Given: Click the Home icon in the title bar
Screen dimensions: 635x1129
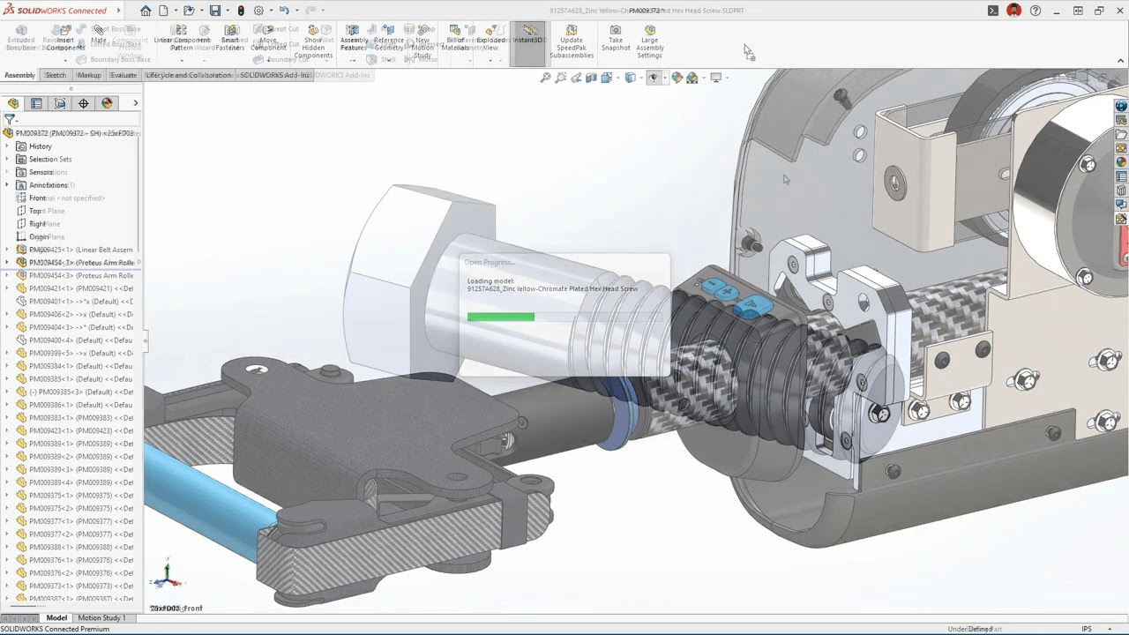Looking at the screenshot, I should tap(146, 11).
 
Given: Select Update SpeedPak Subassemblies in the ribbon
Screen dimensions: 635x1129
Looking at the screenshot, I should tap(572, 42).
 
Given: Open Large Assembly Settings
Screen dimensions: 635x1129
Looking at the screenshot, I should tap(649, 42).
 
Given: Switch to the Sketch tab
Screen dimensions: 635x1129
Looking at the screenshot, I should tap(56, 75).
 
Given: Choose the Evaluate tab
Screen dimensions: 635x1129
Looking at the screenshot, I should tap(123, 75).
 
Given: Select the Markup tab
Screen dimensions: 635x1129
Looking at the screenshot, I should tap(88, 75).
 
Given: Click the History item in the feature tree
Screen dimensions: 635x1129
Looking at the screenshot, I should tap(40, 146).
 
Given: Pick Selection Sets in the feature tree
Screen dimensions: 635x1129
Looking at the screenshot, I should tap(50, 160).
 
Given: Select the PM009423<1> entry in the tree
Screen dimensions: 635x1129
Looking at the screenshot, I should tap(79, 431).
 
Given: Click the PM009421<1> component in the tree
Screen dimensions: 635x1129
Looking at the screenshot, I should tap(79, 288).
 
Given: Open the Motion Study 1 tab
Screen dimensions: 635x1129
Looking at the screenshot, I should tap(101, 618).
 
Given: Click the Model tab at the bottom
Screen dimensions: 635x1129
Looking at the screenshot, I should tap(56, 618).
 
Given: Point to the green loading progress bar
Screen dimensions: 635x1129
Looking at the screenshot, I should tap(500, 317).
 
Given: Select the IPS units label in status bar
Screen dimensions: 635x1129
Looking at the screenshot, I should tap(1087, 629).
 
